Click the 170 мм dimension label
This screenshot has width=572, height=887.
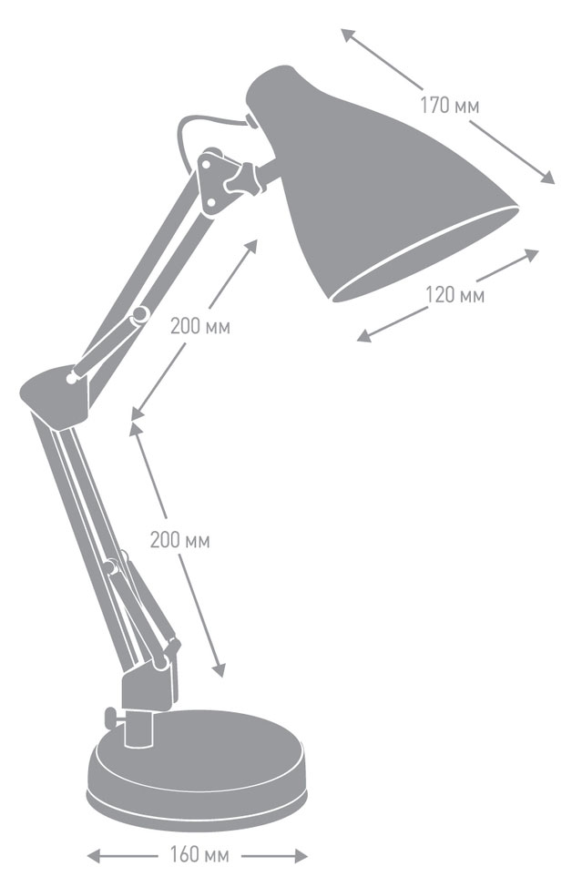point(449,106)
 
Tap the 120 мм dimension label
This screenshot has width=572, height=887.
point(455,295)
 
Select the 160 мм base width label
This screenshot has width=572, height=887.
point(199,854)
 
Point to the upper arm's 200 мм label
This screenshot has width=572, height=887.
point(200,326)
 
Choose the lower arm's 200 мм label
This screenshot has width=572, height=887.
point(180,540)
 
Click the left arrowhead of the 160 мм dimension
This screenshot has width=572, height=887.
point(94,856)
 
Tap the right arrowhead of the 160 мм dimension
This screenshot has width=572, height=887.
point(301,856)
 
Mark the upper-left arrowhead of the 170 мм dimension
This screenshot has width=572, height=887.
point(347,35)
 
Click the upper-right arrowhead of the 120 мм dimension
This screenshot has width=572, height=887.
point(532,254)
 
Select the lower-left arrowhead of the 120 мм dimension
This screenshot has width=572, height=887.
point(363,336)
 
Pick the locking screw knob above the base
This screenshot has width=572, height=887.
point(113,719)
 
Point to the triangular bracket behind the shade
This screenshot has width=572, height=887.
point(216,180)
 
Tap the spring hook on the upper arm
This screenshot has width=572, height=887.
point(138,316)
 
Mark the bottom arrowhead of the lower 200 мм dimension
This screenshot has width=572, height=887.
point(219,670)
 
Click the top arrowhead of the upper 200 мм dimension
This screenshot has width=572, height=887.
point(250,246)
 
